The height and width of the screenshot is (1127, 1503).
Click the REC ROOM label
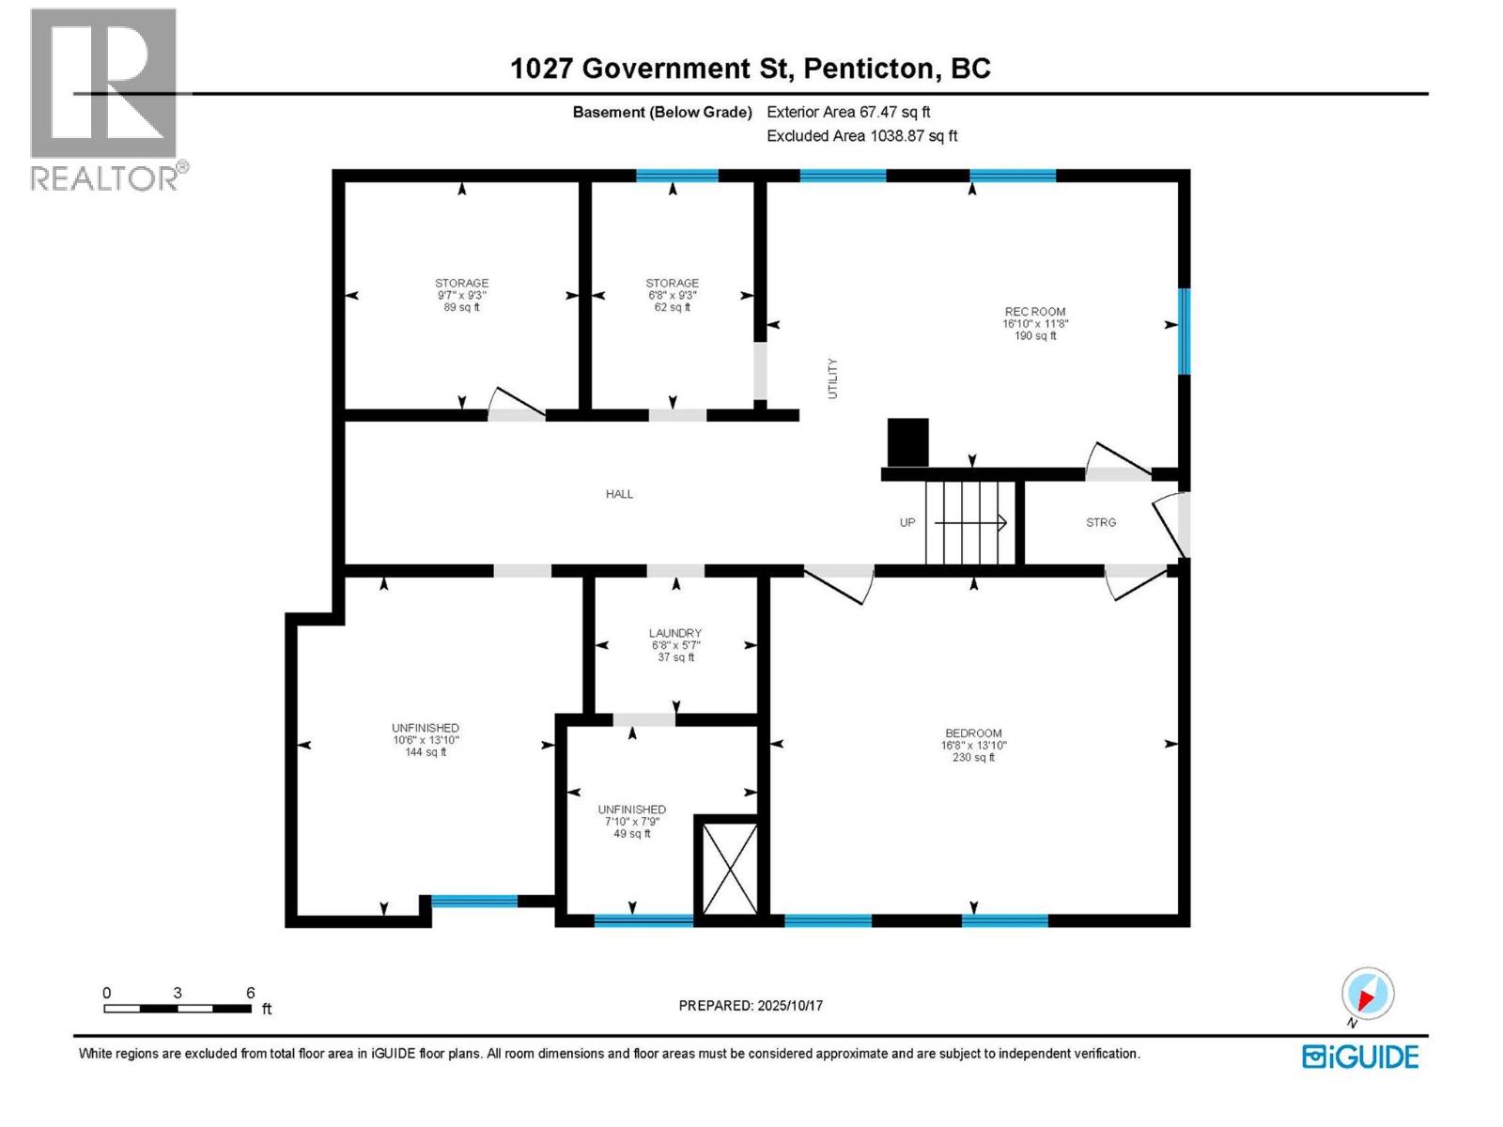pyautogui.click(x=1034, y=312)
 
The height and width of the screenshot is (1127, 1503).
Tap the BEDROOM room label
pyautogui.click(x=973, y=733)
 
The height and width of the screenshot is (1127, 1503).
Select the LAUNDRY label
pyautogui.click(x=675, y=634)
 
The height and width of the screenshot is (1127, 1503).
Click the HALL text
pyautogui.click(x=619, y=494)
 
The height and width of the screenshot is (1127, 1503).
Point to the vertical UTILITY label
pyautogui.click(x=832, y=378)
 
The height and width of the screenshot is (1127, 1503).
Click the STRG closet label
pyautogui.click(x=1101, y=522)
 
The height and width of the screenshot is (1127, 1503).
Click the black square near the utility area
pyautogui.click(x=907, y=441)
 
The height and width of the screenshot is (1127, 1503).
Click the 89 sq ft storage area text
pyautogui.click(x=461, y=307)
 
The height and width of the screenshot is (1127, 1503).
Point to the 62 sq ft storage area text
pyautogui.click(x=673, y=307)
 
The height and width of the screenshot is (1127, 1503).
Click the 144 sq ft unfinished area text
pyautogui.click(x=426, y=752)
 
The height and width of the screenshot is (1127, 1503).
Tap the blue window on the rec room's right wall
pyautogui.click(x=1184, y=331)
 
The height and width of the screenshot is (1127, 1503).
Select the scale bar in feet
pyautogui.click(x=178, y=1009)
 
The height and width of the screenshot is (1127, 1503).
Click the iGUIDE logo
pyautogui.click(x=1359, y=1057)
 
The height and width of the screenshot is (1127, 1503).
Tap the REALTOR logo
pyautogui.click(x=105, y=99)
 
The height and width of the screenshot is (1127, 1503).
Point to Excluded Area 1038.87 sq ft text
pyautogui.click(x=861, y=136)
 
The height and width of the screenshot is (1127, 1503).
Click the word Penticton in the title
pyautogui.click(x=870, y=69)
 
